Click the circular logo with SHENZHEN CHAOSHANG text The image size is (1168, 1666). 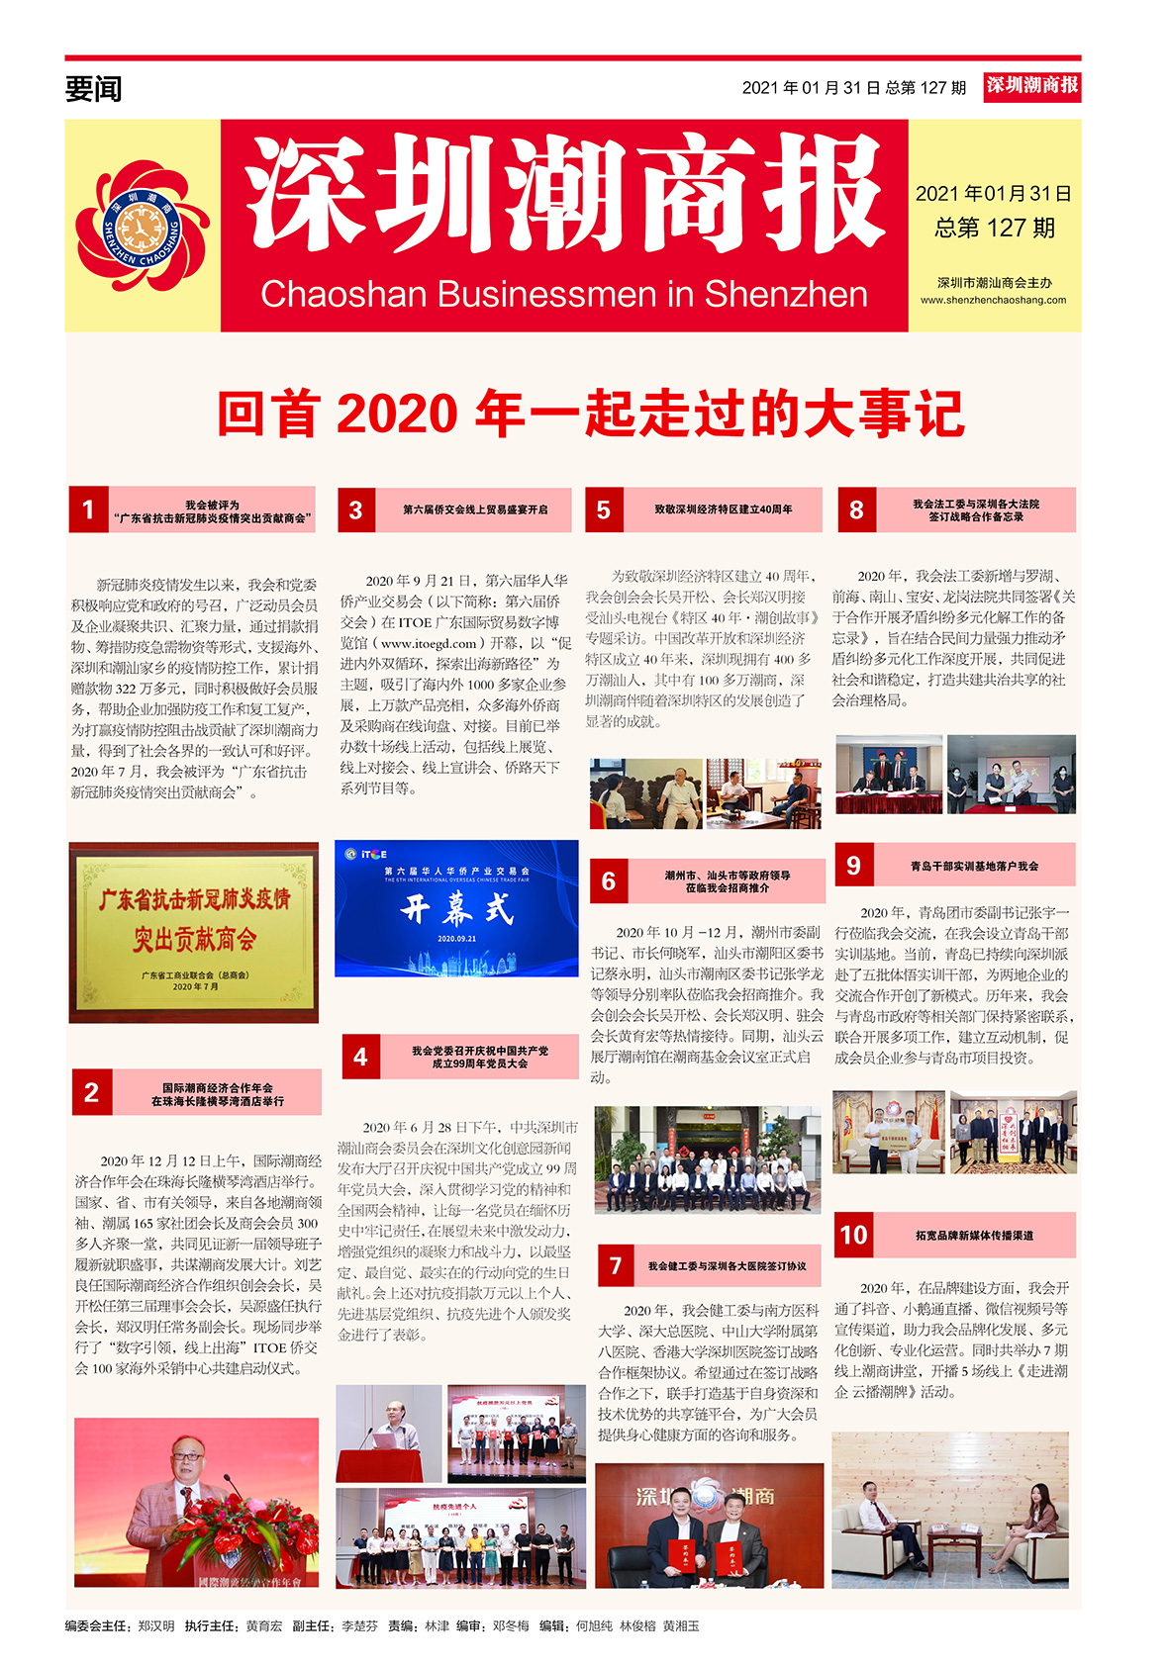point(144,227)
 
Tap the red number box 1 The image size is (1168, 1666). point(88,509)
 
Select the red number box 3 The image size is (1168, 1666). point(356,509)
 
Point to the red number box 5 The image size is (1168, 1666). point(604,509)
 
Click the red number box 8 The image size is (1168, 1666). point(856,509)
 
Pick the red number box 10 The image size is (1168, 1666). point(853,1235)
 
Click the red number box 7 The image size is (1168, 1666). point(616,1265)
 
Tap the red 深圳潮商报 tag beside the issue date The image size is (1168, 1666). point(1031,86)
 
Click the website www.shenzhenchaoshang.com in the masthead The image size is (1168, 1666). point(993,300)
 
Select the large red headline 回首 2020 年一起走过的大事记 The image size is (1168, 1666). point(590,414)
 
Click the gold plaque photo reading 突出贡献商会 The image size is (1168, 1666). point(194,932)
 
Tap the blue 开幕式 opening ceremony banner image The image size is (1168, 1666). point(456,908)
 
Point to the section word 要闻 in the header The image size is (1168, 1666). point(93,89)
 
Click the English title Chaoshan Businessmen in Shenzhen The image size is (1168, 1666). point(564,294)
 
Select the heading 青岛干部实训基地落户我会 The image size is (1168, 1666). point(974,866)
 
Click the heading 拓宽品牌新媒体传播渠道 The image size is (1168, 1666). point(974,1235)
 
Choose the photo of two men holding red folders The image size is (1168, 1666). point(709,1525)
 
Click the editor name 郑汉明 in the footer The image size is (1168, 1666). point(156,1625)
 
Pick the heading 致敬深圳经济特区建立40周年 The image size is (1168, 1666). point(723,509)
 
